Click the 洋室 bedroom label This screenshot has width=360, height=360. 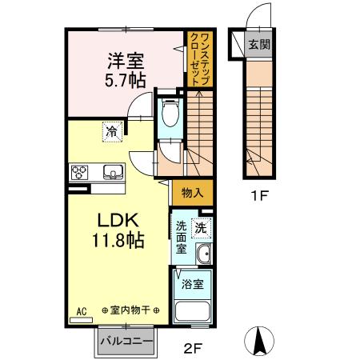(126, 61)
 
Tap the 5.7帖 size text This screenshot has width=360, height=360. (125, 80)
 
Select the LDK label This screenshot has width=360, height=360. (118, 220)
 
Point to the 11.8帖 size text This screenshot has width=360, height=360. (118, 240)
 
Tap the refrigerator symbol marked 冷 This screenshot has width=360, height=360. (112, 132)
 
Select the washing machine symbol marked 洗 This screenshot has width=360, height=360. (202, 228)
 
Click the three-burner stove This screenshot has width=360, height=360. (79, 173)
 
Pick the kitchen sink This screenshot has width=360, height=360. (114, 172)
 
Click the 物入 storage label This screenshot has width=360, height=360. (192, 192)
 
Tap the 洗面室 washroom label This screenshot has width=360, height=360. (181, 238)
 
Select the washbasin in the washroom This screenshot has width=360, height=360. (205, 254)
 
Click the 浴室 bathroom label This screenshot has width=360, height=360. (193, 284)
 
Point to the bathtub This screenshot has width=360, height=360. (193, 312)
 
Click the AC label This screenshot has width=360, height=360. (81, 311)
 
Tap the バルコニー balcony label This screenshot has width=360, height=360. (126, 342)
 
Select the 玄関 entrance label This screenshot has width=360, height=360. (258, 44)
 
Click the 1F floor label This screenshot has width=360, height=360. (258, 196)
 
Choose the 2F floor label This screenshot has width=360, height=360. (194, 348)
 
